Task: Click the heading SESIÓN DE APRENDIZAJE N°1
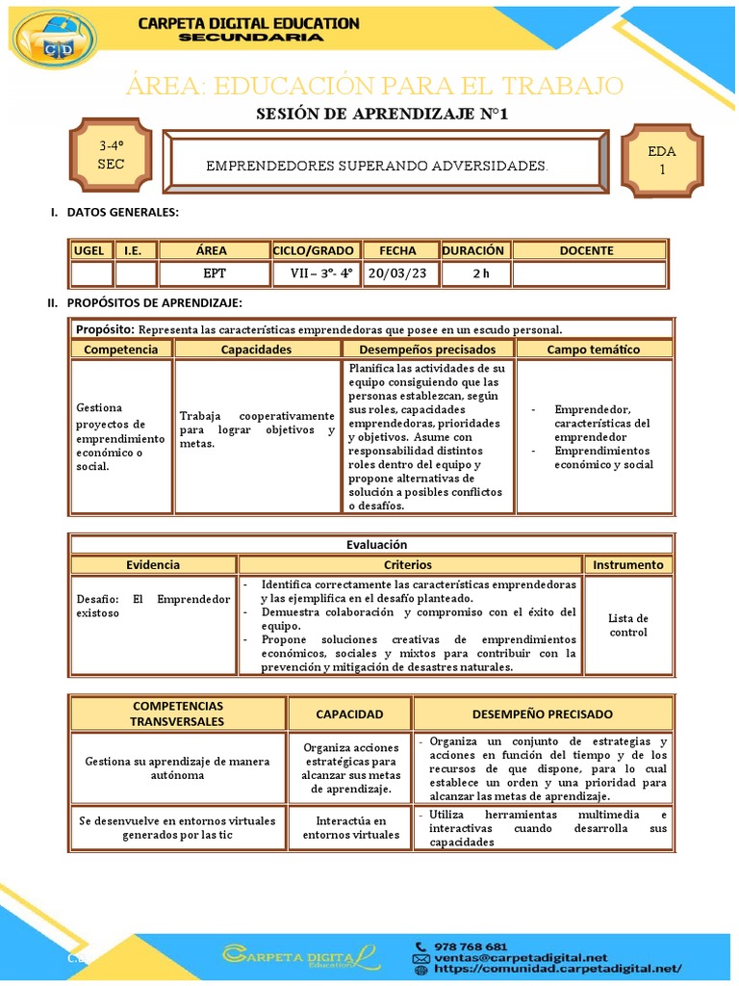382,114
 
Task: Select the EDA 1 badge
661,160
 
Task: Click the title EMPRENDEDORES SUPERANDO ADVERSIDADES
377,167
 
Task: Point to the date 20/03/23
397,273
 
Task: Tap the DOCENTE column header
586,250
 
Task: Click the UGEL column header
89,250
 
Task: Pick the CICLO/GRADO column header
314,250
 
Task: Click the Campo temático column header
594,350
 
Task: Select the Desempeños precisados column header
427,350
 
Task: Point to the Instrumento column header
628,565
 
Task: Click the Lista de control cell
628,625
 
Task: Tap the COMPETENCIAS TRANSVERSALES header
177,714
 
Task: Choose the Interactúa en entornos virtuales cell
350,827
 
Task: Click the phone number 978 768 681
472,947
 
